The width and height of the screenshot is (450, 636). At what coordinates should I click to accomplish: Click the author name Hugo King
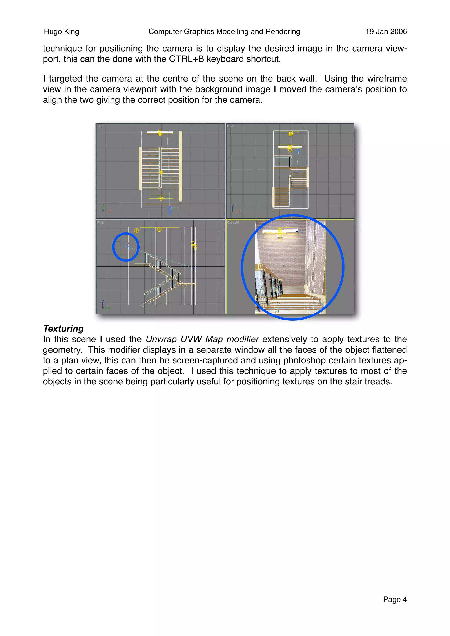pos(61,32)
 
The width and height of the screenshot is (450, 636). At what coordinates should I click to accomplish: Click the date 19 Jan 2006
pos(386,32)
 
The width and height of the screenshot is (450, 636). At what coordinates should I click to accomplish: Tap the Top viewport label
pos(100,126)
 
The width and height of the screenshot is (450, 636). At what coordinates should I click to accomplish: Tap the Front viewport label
pos(230,126)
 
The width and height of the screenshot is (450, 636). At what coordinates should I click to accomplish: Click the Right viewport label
pos(100,223)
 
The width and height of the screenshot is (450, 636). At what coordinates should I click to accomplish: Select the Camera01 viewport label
pos(233,223)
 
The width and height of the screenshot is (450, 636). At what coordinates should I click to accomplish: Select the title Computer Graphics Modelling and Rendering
pos(224,32)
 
